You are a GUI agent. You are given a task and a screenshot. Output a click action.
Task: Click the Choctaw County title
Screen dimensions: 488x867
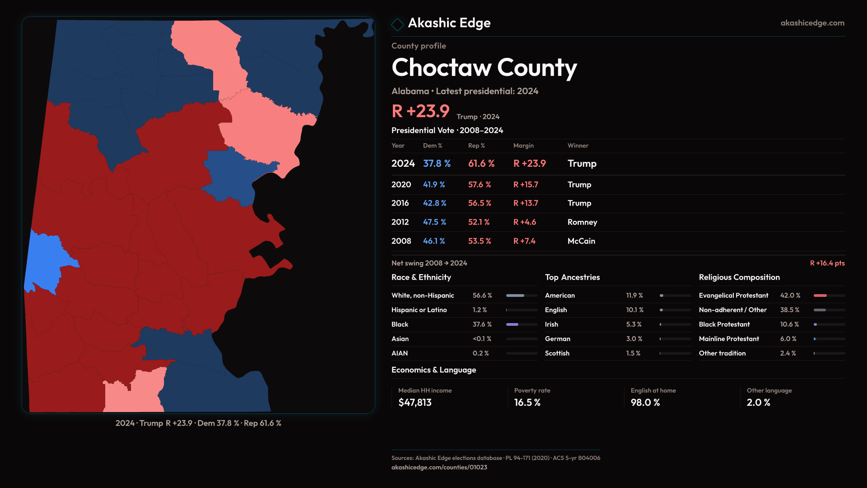[x=484, y=68]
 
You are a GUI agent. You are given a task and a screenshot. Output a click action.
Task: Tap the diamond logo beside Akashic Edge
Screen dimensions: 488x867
[x=397, y=24]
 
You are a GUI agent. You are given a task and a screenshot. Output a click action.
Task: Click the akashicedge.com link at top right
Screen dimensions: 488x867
[x=812, y=23]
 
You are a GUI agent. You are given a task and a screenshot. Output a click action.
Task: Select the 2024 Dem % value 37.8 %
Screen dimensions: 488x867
[x=437, y=164]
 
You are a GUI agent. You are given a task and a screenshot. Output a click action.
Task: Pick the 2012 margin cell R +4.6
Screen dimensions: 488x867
[x=524, y=222]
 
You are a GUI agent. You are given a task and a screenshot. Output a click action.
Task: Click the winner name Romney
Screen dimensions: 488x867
[x=582, y=222]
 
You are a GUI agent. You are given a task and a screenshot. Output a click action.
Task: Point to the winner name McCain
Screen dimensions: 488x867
[x=581, y=241]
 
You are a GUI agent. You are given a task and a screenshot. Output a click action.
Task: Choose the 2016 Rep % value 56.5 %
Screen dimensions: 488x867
[x=480, y=203]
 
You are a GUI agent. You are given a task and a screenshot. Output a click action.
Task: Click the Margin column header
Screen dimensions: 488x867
[x=523, y=145]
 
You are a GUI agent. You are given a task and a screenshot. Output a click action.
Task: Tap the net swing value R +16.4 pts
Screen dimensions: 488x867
[x=827, y=263]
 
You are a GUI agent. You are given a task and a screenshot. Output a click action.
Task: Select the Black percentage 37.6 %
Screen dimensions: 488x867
[x=482, y=324]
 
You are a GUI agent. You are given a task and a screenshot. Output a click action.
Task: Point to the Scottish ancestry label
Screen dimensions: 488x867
[x=557, y=353]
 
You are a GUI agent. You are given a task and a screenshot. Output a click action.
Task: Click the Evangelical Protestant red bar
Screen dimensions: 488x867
[x=820, y=296]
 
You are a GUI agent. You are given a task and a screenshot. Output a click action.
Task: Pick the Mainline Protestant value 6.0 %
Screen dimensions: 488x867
[x=788, y=339]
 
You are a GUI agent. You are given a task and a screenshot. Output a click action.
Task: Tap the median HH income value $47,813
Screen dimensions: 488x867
[x=415, y=403]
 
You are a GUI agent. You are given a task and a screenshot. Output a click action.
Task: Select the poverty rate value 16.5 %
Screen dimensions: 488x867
[x=527, y=403]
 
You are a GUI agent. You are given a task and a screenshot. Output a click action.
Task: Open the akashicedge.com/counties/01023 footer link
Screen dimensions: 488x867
[x=439, y=467]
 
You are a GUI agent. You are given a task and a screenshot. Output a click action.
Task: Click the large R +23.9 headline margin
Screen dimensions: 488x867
[x=420, y=111]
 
